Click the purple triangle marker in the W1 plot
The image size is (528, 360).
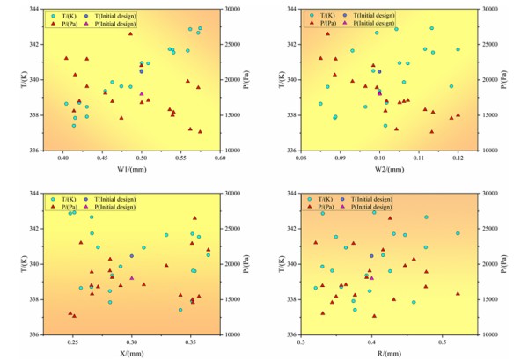142,94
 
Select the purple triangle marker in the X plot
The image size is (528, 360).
132,278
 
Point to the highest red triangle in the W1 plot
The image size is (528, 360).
130,33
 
